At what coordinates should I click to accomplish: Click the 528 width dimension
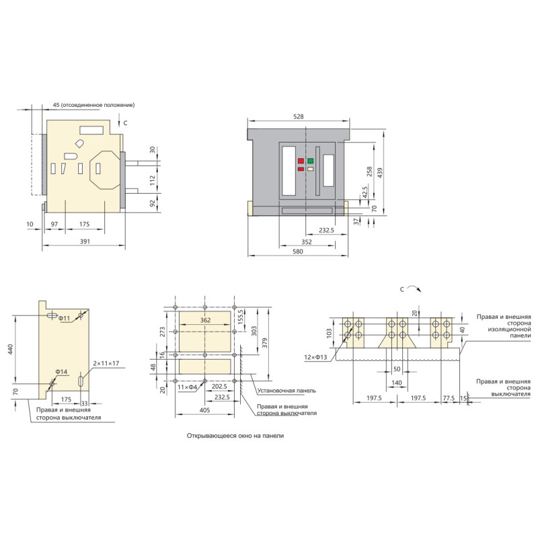(x=299, y=116)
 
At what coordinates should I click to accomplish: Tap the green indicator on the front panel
(x=311, y=161)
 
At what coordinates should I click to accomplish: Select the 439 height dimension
(x=379, y=173)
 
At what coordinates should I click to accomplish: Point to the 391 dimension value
(x=85, y=241)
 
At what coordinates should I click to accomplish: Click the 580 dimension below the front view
(x=298, y=252)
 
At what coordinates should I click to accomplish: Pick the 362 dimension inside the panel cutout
(x=205, y=320)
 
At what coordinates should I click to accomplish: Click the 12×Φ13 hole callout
(x=315, y=357)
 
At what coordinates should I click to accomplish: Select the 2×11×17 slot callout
(x=106, y=363)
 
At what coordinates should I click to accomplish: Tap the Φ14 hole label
(x=61, y=372)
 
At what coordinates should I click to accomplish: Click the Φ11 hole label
(x=64, y=318)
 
